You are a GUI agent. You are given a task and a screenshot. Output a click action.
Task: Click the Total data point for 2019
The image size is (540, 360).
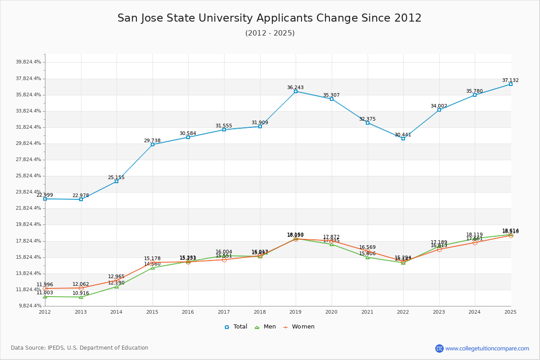[x=296, y=91]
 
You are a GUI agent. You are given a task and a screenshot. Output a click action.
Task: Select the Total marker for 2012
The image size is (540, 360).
[x=45, y=199]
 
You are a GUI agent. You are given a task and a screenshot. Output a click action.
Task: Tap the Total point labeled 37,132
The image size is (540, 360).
[x=511, y=84]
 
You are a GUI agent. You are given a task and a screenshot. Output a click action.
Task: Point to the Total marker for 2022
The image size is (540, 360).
[x=403, y=139]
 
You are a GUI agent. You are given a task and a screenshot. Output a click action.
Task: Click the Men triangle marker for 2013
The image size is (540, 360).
[x=81, y=297]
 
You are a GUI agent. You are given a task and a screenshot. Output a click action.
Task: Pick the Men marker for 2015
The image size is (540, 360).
[x=153, y=268]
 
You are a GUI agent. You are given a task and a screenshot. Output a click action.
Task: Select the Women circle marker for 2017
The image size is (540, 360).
[x=224, y=260]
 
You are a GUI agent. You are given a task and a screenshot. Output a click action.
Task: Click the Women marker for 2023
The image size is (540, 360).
[x=439, y=249]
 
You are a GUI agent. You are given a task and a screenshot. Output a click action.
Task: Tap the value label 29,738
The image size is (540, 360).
[x=152, y=140]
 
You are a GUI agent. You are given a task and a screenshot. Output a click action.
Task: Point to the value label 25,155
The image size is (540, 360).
[x=116, y=177]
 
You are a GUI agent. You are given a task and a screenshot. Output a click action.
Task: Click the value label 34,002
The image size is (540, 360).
[x=439, y=106]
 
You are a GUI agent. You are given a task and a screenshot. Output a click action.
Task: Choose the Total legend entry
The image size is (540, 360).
[x=236, y=327]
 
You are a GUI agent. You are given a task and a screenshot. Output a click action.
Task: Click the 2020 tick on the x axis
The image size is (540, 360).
[x=332, y=312]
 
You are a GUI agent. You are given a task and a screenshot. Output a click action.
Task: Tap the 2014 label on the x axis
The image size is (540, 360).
[x=117, y=312]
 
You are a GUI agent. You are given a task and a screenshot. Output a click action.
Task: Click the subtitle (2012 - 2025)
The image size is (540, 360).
[x=270, y=33]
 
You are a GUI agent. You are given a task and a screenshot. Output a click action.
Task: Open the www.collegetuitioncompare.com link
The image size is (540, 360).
[x=487, y=348]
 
